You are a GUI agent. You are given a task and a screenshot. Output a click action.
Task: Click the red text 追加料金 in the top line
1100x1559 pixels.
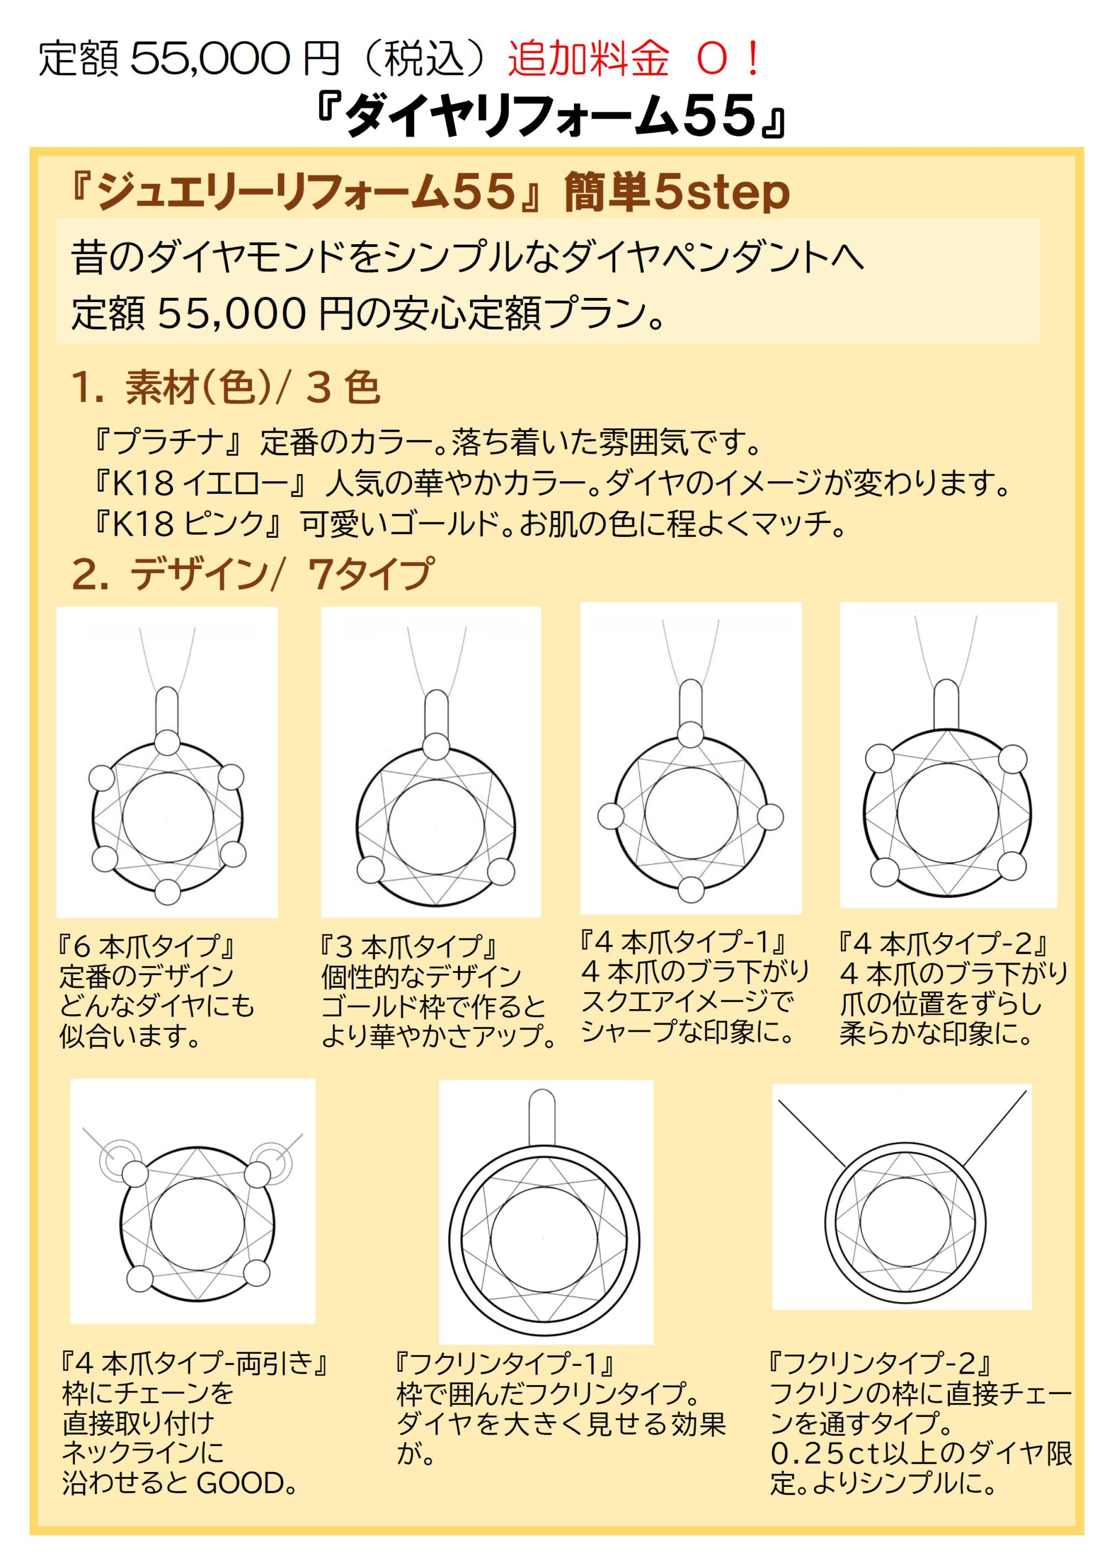tap(588, 59)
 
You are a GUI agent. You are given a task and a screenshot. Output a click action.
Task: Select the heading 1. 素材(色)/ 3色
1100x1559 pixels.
tap(226, 388)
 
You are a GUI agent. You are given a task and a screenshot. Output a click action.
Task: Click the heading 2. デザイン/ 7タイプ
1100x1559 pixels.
tap(251, 574)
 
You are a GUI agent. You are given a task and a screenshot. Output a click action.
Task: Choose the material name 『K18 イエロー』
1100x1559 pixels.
tap(200, 483)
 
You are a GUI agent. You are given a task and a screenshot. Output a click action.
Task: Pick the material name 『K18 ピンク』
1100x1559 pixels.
tap(188, 524)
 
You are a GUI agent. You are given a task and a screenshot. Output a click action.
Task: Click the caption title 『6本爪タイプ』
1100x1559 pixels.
tap(147, 946)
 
